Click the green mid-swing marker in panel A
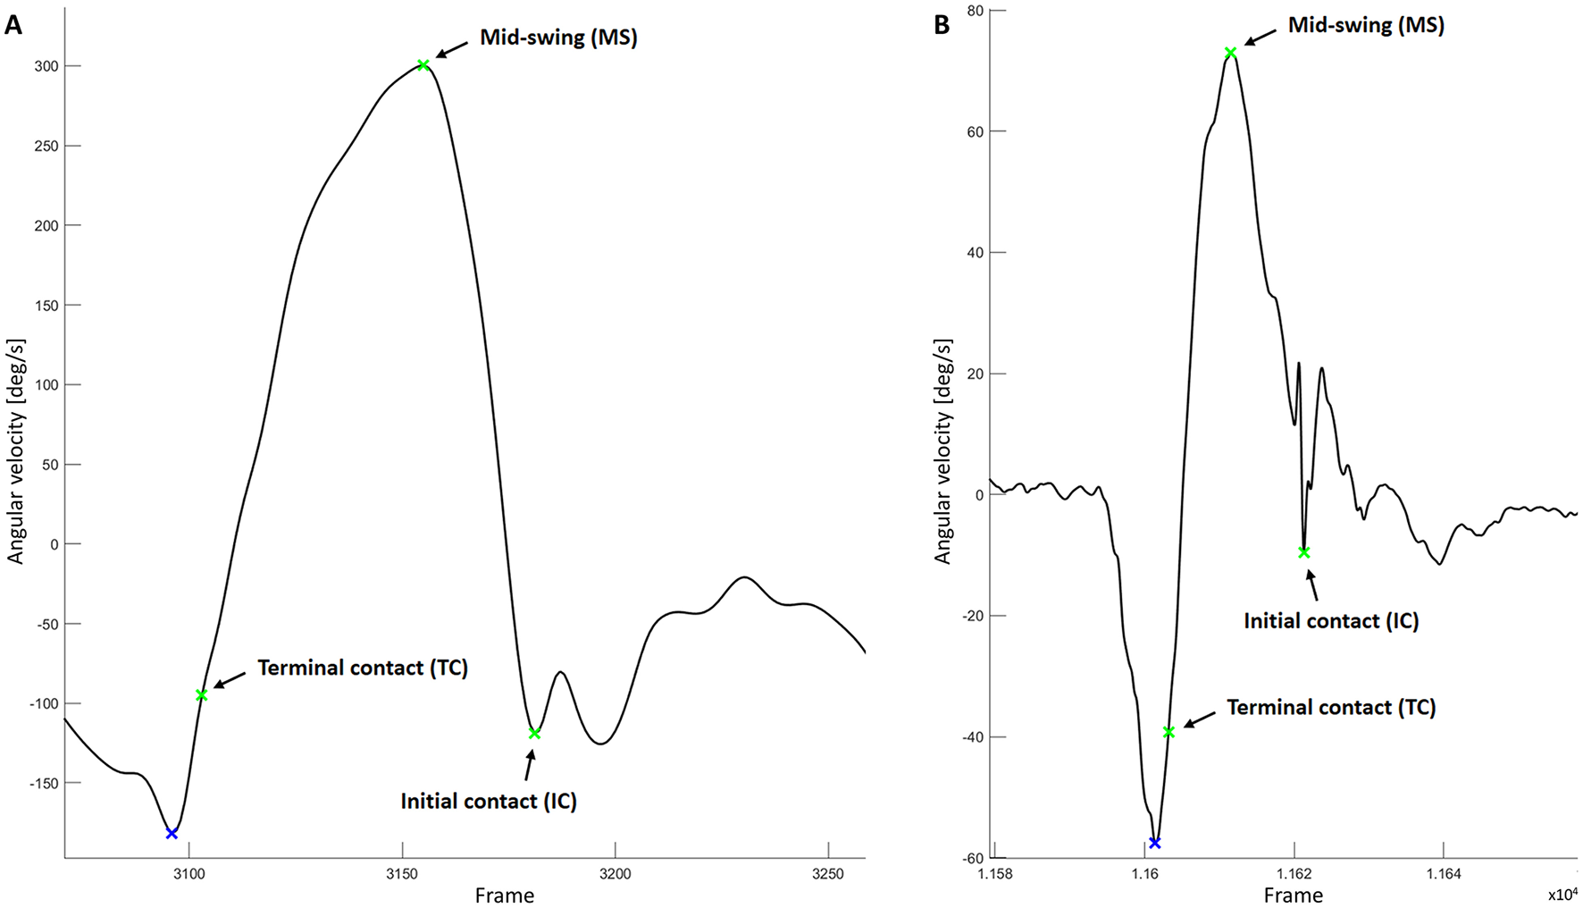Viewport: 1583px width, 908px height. (x=423, y=65)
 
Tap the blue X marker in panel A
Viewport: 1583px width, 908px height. (x=172, y=834)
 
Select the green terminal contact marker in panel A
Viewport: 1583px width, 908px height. (x=202, y=695)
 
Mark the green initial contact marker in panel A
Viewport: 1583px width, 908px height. (x=534, y=734)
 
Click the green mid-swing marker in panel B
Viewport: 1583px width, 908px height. (x=1230, y=53)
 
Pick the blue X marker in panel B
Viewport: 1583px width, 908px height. (x=1154, y=843)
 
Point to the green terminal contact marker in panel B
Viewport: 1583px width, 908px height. (x=1168, y=733)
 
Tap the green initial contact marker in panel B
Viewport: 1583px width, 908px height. (x=1304, y=552)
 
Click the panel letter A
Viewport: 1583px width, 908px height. (x=13, y=25)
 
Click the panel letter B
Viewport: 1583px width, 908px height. (x=942, y=25)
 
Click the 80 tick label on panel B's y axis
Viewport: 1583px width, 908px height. (x=974, y=11)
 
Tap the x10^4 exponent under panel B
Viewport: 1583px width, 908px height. (x=1562, y=895)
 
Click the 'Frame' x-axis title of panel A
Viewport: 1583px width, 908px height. (x=505, y=895)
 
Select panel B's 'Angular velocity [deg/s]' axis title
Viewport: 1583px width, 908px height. (x=943, y=451)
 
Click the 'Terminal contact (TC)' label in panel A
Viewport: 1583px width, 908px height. (x=363, y=668)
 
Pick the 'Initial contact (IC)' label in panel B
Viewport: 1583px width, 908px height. (x=1331, y=620)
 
